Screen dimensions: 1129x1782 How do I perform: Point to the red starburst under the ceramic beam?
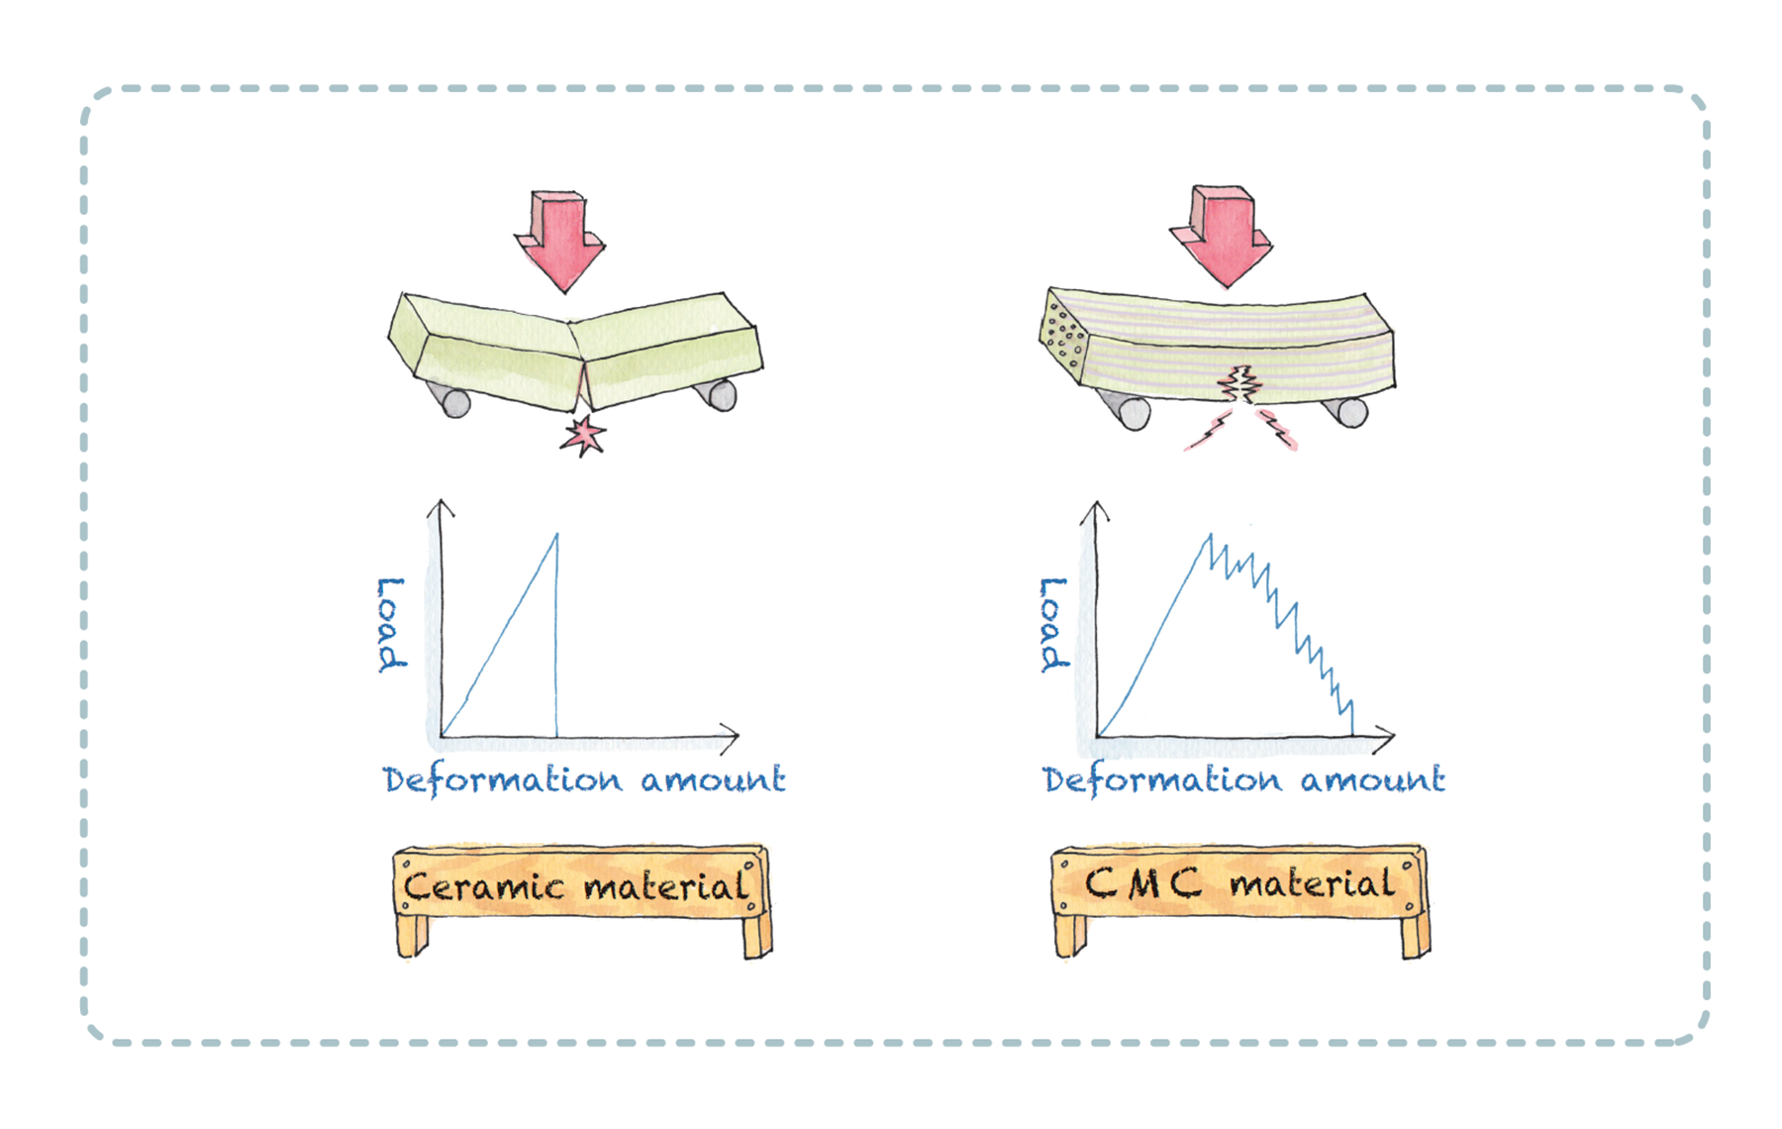click(x=583, y=435)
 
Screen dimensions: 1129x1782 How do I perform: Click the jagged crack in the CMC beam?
click(x=1239, y=383)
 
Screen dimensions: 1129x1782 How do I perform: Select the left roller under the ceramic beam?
click(x=454, y=402)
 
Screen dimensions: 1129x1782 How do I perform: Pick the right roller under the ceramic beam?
click(x=722, y=396)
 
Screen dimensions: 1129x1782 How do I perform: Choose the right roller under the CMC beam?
click(x=1351, y=411)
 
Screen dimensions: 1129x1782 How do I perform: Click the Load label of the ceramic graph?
click(x=391, y=624)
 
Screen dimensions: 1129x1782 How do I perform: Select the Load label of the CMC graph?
click(x=1053, y=624)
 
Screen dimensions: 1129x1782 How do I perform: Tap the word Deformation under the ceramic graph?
click(x=503, y=780)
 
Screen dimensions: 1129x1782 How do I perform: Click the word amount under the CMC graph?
click(x=1373, y=780)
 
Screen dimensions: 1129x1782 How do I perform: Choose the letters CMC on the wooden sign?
click(x=1143, y=882)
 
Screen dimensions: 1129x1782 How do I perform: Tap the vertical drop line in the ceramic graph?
click(x=556, y=644)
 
